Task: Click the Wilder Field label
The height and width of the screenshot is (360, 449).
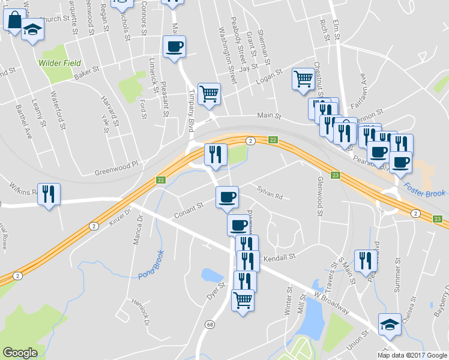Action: point(59,63)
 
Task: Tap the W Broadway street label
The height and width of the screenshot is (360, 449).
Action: point(331,302)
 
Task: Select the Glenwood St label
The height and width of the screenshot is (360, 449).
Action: point(320,196)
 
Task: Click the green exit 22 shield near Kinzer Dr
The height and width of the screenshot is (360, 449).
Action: point(160,180)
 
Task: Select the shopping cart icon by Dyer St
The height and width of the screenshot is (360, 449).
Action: point(243,299)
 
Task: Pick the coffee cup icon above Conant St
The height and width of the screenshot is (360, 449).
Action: point(226,197)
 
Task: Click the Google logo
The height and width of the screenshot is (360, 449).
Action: point(20,353)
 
